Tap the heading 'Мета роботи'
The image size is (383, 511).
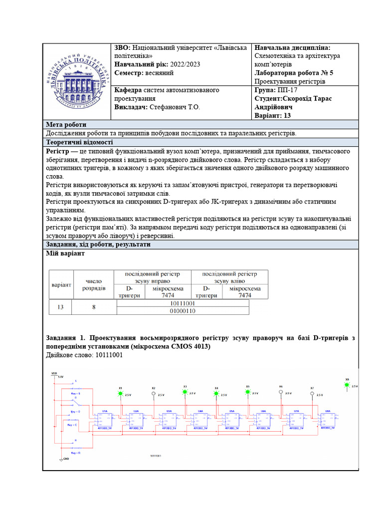tap(66, 125)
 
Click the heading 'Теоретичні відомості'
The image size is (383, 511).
tap(79, 142)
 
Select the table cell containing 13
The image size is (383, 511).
tap(60, 307)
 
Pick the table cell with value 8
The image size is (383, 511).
tap(94, 307)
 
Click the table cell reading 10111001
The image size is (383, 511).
tap(182, 303)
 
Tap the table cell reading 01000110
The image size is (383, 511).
tap(182, 311)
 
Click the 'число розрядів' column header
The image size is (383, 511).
tap(94, 284)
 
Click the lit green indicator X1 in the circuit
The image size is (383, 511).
tap(120, 393)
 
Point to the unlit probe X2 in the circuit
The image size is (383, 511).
tap(153, 394)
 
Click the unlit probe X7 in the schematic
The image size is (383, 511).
tap(312, 394)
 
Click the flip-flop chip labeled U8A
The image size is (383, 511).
tap(328, 418)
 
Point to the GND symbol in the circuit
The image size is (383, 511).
tap(61, 459)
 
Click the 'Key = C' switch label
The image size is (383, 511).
tap(72, 425)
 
